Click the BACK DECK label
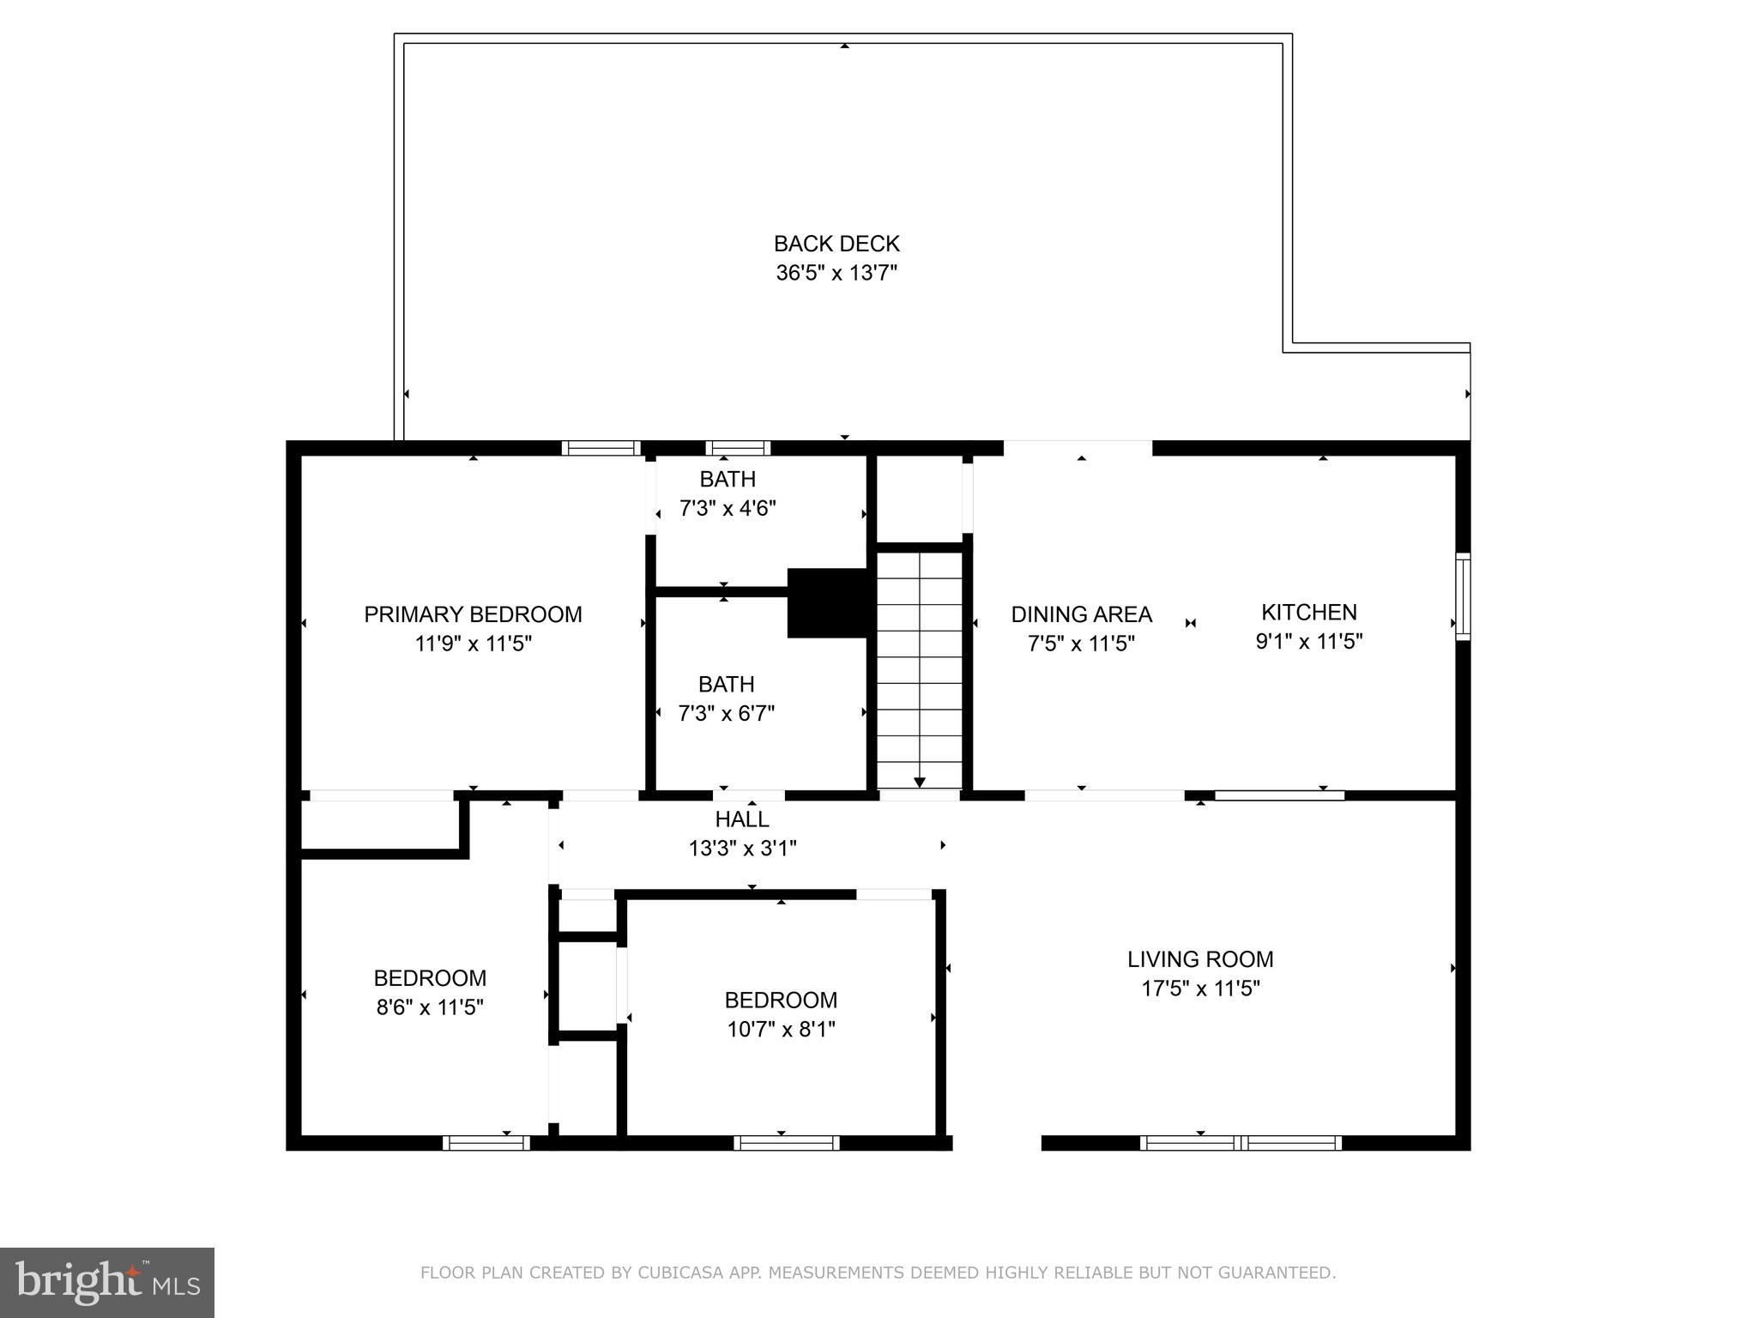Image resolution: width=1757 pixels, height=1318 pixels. point(836,244)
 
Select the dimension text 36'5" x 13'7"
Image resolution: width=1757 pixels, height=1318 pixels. point(836,273)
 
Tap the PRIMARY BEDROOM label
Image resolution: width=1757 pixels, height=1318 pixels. point(473,614)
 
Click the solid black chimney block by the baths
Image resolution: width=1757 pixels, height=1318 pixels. point(828,602)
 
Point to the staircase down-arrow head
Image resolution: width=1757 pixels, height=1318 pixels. point(920,782)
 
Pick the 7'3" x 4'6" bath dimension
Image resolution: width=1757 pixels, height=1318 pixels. point(728,508)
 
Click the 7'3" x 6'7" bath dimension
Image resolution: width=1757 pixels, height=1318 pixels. point(727,713)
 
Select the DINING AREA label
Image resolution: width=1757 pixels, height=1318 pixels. point(1081,614)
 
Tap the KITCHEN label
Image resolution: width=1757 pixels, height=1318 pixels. point(1308,612)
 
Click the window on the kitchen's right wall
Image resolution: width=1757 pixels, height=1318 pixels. point(1463,596)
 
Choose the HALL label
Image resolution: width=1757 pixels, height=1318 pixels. point(742,819)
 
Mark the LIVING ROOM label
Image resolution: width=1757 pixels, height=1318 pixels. point(1199,958)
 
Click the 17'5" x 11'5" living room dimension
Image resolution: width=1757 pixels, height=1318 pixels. point(1199,988)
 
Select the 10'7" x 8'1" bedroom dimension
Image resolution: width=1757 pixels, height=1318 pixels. point(781,1029)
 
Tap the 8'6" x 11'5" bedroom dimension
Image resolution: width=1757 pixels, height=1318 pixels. point(430,1007)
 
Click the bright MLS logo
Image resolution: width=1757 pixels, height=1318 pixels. point(106,1282)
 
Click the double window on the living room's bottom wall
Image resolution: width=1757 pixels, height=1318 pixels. point(1241,1142)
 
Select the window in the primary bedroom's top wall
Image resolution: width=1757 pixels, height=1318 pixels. point(601,447)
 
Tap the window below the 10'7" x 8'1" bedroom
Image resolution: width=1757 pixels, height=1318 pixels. point(786,1142)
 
